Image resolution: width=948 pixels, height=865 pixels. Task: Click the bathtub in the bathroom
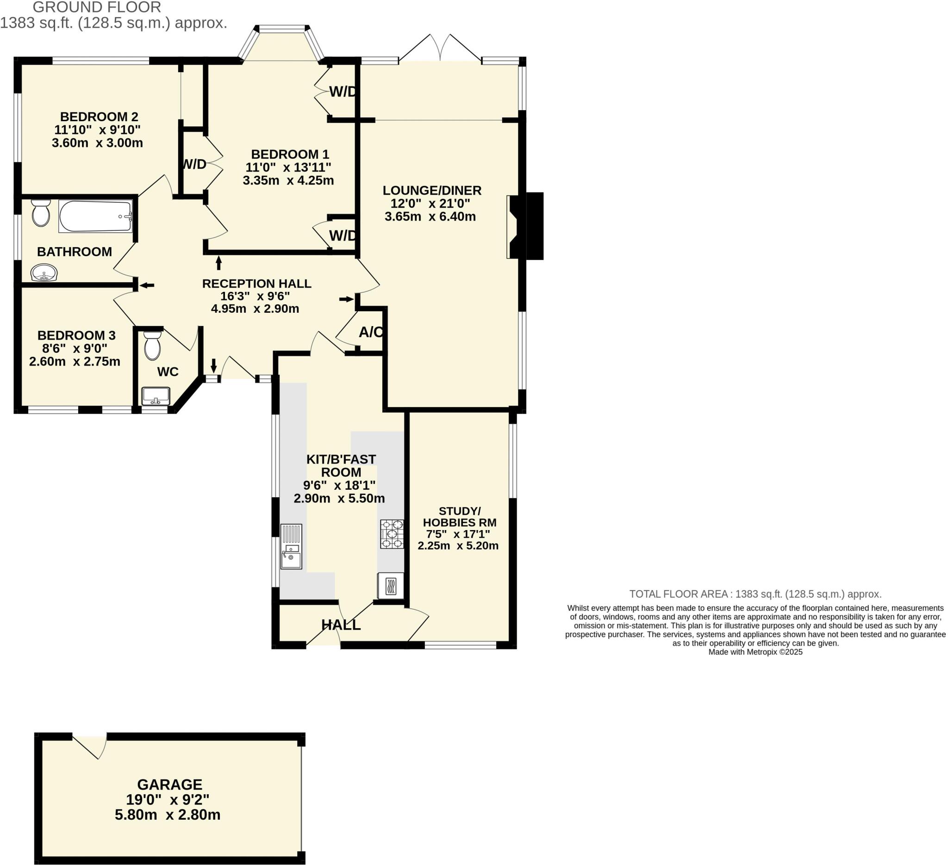pos(95,216)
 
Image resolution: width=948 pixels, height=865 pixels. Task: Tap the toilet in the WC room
pos(152,346)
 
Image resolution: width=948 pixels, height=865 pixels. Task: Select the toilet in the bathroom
pos(41,213)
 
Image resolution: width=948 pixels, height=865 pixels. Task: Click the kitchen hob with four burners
pos(392,534)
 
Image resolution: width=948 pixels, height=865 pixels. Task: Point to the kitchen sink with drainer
pos(291,546)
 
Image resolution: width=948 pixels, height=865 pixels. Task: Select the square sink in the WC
pos(156,395)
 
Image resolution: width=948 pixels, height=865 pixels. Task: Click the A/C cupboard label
pos(371,333)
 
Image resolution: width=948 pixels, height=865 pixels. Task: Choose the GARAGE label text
pos(170,785)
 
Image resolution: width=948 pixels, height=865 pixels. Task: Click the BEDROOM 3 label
pos(76,335)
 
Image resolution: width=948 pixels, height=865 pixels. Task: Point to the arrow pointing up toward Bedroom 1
pos(218,263)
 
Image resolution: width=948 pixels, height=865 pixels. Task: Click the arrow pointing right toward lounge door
pos(347,299)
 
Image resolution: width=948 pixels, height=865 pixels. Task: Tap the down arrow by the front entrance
pos(213,365)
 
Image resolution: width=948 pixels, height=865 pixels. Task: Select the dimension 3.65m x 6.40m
pos(430,216)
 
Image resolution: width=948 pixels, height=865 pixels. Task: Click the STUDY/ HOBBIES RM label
pos(460,517)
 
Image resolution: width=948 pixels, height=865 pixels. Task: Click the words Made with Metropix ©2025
pos(755,652)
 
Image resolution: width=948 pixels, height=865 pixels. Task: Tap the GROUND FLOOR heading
pos(97,7)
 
